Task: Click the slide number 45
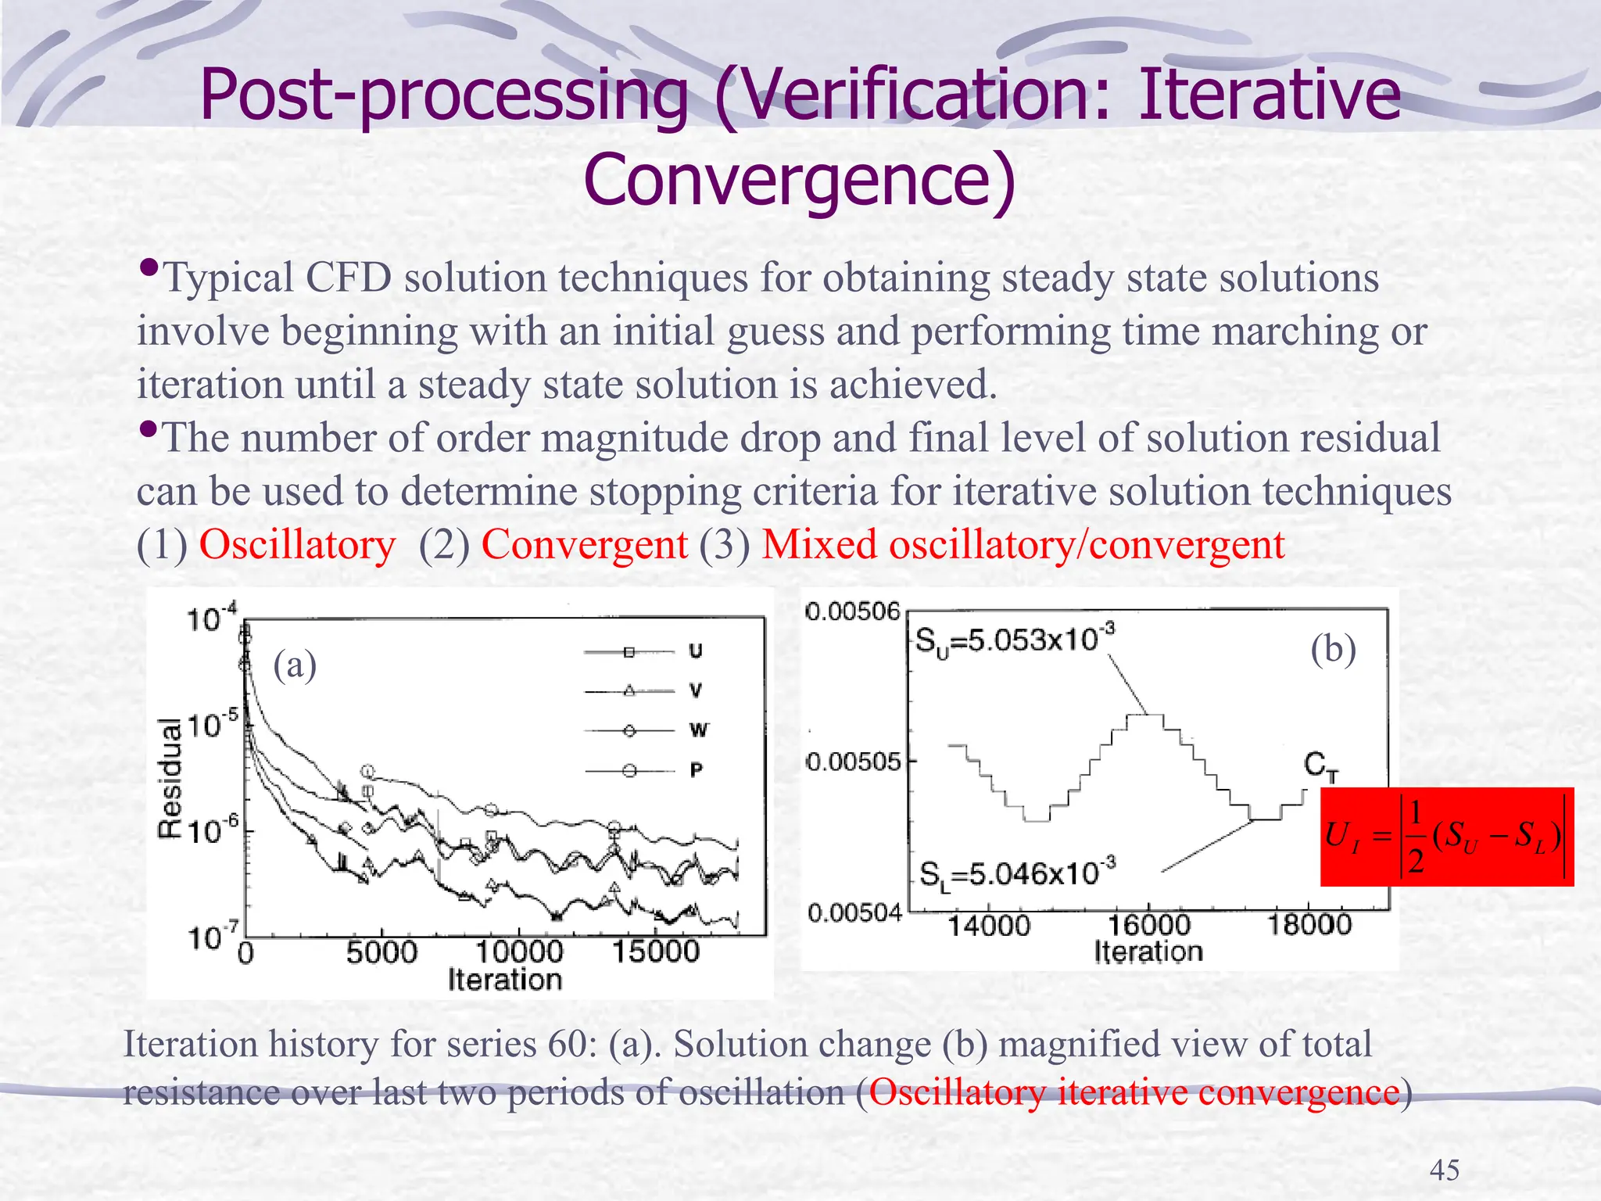pyautogui.click(x=1444, y=1170)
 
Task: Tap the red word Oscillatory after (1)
pyautogui.click(x=297, y=545)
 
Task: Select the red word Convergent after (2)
pyautogui.click(x=584, y=545)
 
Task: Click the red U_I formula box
pyautogui.click(x=1445, y=837)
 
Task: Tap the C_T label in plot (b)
pyautogui.click(x=1320, y=765)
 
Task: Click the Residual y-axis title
pyautogui.click(x=170, y=778)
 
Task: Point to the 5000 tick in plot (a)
pyautogui.click(x=381, y=952)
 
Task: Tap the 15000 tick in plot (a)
pyautogui.click(x=655, y=952)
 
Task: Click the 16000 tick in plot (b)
pyautogui.click(x=1148, y=926)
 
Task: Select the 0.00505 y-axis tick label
pyautogui.click(x=854, y=761)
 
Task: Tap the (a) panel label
pyautogui.click(x=295, y=665)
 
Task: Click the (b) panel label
pyautogui.click(x=1333, y=649)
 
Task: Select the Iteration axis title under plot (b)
pyautogui.click(x=1148, y=952)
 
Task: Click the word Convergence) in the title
pyautogui.click(x=799, y=180)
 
